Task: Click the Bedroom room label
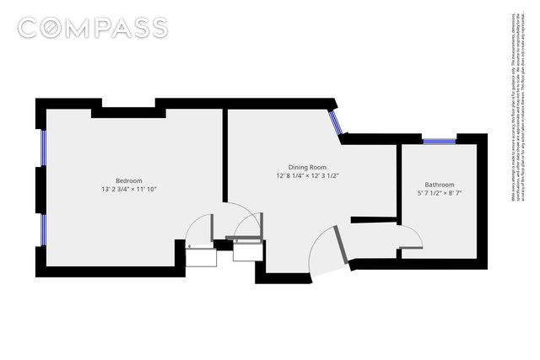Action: point(129,180)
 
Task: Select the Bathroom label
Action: point(440,185)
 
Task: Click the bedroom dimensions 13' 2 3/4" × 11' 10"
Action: point(129,190)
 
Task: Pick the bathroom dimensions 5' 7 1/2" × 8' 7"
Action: point(440,194)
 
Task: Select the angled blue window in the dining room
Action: point(337,121)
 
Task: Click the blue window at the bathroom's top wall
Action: point(439,141)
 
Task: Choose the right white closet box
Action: point(245,250)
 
